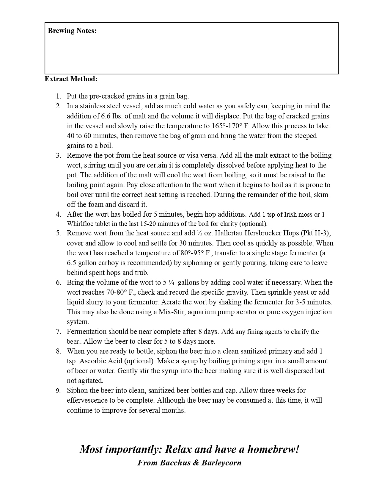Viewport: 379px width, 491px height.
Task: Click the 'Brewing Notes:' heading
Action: [x=72, y=31]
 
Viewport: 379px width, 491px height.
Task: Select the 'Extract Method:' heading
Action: [x=71, y=79]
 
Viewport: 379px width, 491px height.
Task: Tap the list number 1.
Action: [x=58, y=96]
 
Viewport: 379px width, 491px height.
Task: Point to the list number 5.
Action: [x=58, y=233]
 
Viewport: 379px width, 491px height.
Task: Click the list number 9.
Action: [x=58, y=390]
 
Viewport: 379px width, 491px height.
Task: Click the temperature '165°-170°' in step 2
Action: [x=227, y=126]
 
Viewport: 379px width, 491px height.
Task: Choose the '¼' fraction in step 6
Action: [x=171, y=282]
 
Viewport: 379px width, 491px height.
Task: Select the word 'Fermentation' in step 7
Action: [x=87, y=331]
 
